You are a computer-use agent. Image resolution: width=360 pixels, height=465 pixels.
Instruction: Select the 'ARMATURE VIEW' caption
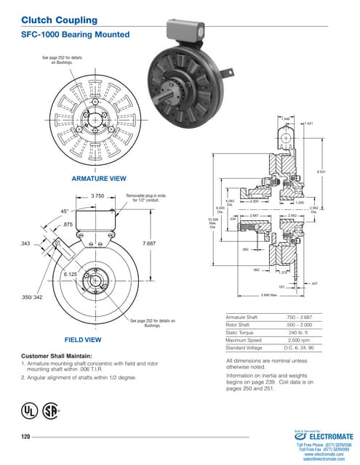[x=99, y=178]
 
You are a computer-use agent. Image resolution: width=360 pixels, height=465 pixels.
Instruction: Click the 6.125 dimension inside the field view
[x=71, y=275]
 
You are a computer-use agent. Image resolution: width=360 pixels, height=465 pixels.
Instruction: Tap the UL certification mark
[x=29, y=411]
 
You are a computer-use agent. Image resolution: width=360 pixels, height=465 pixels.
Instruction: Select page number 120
[x=25, y=436]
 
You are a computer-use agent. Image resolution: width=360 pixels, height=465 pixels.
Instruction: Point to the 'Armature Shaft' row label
[x=243, y=318]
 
